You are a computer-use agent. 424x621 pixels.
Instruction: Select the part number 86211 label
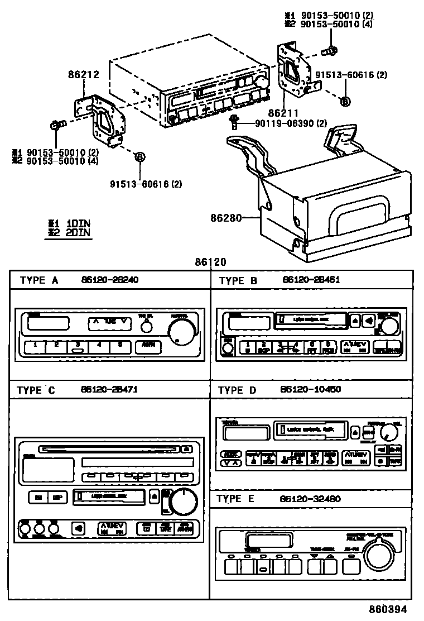283,113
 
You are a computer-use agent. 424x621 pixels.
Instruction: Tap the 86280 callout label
227,218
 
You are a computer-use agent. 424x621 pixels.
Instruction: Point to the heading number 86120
210,262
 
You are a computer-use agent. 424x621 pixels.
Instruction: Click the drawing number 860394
387,609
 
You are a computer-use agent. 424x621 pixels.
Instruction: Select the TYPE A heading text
39,280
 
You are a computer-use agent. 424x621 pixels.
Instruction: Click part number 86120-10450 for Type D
312,389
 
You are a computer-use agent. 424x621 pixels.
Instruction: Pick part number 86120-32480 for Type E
312,498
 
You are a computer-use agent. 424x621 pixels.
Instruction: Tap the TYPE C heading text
36,390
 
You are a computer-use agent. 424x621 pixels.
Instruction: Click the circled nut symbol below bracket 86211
345,101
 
